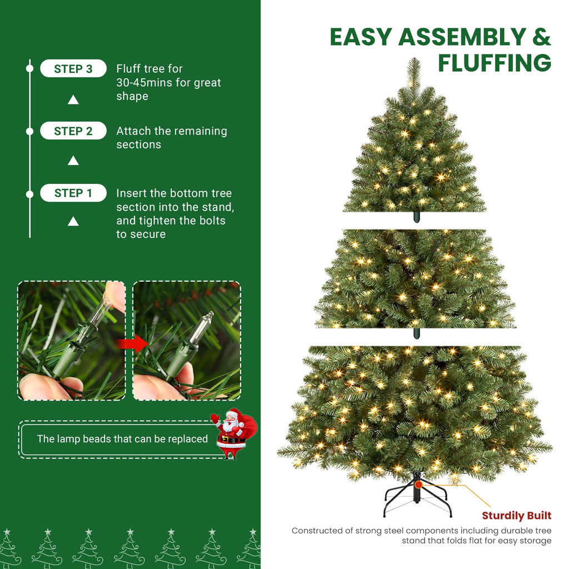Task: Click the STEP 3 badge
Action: pos(73,68)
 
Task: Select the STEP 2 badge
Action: pos(73,131)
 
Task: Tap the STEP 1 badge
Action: pos(73,193)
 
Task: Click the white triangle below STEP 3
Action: pos(73,100)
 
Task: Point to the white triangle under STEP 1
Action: pos(73,221)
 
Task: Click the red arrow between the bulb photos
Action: pos(132,343)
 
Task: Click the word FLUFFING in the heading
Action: pos(495,63)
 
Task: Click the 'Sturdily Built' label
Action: pos(517,516)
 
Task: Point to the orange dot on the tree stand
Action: pos(419,485)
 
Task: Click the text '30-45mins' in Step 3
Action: pos(144,82)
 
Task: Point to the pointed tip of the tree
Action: pos(413,58)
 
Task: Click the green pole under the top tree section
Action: pos(417,217)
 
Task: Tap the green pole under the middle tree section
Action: pos(417,333)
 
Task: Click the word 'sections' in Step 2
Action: pos(138,145)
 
